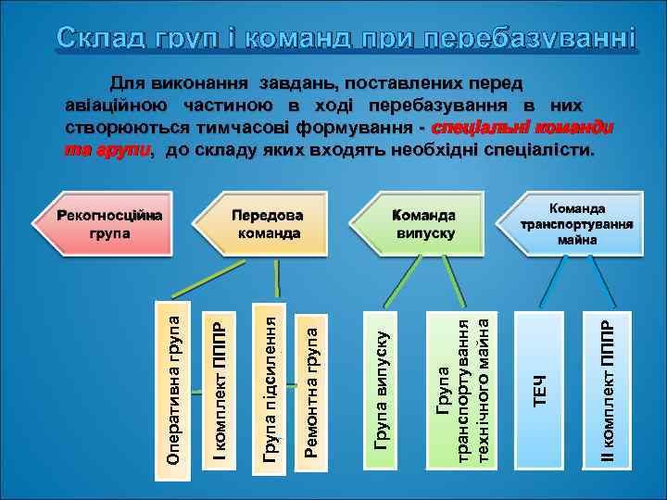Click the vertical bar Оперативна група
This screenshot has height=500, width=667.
tap(174, 384)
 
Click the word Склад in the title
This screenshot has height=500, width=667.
tap(98, 40)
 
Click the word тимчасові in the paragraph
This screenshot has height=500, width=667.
tap(226, 126)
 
